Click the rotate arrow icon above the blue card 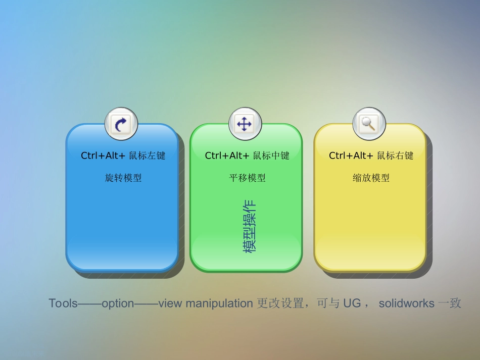[121, 124]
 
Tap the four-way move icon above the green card [245, 124]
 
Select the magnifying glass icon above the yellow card [369, 124]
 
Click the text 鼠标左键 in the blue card [147, 156]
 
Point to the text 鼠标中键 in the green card [271, 156]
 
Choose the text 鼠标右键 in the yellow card [395, 156]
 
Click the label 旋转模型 [123, 178]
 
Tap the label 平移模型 [247, 178]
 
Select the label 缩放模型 [371, 178]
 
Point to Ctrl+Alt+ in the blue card [103, 156]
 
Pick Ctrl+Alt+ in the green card [227, 156]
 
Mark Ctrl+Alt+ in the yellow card [351, 156]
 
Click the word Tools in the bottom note [63, 303]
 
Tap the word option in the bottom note [118, 303]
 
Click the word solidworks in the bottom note [407, 303]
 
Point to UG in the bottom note [352, 303]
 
